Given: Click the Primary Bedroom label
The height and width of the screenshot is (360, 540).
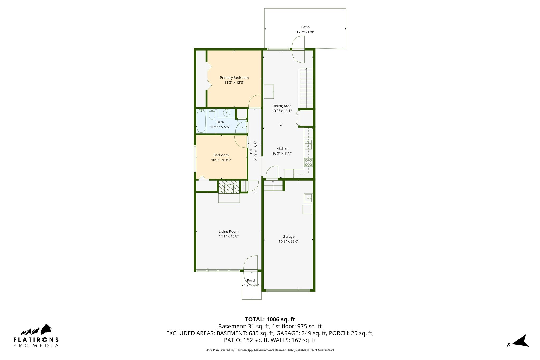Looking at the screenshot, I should [234, 78].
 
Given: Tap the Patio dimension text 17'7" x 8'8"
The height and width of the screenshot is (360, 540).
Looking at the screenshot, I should [305, 32].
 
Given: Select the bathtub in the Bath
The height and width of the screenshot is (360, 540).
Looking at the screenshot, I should [201, 121].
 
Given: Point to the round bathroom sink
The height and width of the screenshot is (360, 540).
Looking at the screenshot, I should [226, 113].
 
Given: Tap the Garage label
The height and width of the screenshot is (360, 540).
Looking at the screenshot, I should [288, 237].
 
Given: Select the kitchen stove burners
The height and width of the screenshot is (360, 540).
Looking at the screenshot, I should [308, 162].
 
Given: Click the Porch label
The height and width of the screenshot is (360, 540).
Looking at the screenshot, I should [252, 280].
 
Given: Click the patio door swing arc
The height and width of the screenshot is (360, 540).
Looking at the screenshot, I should [298, 49].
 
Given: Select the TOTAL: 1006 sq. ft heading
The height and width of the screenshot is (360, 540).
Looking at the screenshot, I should [270, 319].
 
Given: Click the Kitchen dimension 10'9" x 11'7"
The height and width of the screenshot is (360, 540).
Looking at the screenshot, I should [282, 153].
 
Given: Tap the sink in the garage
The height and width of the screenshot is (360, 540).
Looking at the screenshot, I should [308, 198].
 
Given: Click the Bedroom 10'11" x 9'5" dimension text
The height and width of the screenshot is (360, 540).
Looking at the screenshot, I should [221, 160].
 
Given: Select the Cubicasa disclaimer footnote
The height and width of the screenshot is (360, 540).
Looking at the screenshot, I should [270, 350].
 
